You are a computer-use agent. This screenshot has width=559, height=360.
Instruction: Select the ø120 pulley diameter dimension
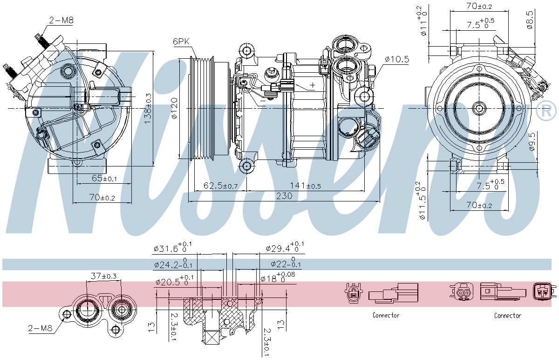click(x=174, y=109)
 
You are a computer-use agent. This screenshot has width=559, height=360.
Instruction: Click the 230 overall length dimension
click(x=284, y=196)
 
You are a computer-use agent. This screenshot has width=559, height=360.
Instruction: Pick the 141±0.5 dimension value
click(x=305, y=186)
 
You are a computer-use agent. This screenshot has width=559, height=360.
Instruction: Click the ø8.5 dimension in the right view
click(x=530, y=20)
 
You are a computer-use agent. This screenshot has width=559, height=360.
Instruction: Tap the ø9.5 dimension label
click(x=532, y=142)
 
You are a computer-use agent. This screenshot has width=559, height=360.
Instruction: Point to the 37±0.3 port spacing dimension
click(x=103, y=276)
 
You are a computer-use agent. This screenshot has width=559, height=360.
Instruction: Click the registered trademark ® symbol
click(x=546, y=111)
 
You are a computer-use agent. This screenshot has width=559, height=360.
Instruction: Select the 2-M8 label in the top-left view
click(x=61, y=20)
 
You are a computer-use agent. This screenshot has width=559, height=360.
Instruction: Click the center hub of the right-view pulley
click(x=479, y=108)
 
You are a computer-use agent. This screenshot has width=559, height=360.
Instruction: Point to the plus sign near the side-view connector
click(x=312, y=85)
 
